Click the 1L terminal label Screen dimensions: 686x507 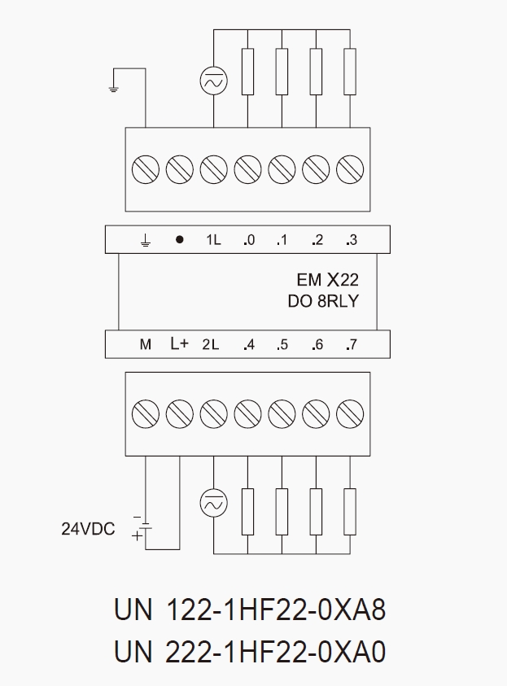[x=213, y=240]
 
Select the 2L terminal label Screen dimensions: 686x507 [x=211, y=344]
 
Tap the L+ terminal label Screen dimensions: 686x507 [x=179, y=344]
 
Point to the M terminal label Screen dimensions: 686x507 [x=145, y=344]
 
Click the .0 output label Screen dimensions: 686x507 [x=248, y=240]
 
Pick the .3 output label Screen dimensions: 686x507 [x=351, y=240]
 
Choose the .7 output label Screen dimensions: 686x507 [x=351, y=344]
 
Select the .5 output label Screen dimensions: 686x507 [x=282, y=344]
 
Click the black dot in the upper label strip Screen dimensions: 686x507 [x=179, y=240]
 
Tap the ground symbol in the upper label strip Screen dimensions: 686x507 [x=145, y=241]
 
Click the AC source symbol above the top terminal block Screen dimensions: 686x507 [x=213, y=81]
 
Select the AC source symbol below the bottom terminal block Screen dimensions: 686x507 [x=213, y=505]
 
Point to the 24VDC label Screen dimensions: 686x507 [x=88, y=529]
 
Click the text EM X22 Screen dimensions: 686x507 [x=327, y=281]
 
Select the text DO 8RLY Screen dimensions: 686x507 [x=323, y=301]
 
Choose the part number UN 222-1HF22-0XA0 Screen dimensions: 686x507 [x=250, y=652]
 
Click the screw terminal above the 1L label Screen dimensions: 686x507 [x=213, y=170]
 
